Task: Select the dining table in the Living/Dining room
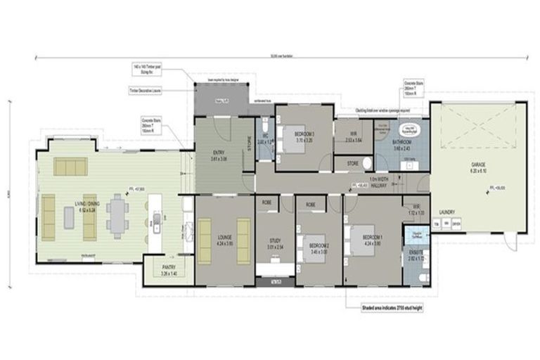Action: (x=117, y=212)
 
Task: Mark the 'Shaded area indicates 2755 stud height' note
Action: (x=384, y=309)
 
